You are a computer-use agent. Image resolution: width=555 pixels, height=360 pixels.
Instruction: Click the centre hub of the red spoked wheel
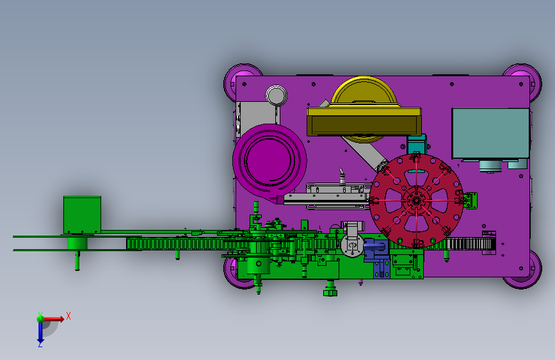point(416,200)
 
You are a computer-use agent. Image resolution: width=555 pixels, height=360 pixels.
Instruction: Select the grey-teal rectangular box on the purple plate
point(490,133)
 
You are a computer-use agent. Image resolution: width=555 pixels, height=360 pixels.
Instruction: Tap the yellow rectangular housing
point(364,122)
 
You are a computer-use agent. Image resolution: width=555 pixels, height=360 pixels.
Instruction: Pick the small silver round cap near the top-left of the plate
point(276,95)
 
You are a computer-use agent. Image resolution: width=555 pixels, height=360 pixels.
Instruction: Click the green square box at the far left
point(82,215)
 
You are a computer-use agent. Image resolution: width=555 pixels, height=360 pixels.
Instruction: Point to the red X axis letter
point(68,316)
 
